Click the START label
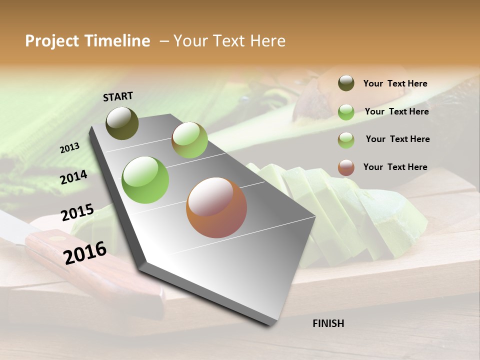click(x=118, y=96)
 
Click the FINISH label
click(x=328, y=323)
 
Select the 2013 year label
click(x=69, y=147)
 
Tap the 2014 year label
click(x=73, y=177)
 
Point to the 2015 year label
click(x=77, y=212)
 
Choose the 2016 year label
click(x=85, y=252)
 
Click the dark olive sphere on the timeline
click(x=122, y=123)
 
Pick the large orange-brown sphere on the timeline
click(x=216, y=207)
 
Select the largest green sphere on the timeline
click(x=145, y=179)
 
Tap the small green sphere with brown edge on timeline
click(x=189, y=140)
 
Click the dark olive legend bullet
click(x=346, y=83)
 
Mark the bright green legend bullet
click(x=346, y=111)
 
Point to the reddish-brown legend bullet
click(x=346, y=167)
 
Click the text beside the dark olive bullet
click(x=395, y=83)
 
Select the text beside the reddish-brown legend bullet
click(x=395, y=167)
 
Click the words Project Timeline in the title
click(x=87, y=41)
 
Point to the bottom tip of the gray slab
click(x=270, y=324)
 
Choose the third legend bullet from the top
click(x=346, y=140)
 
